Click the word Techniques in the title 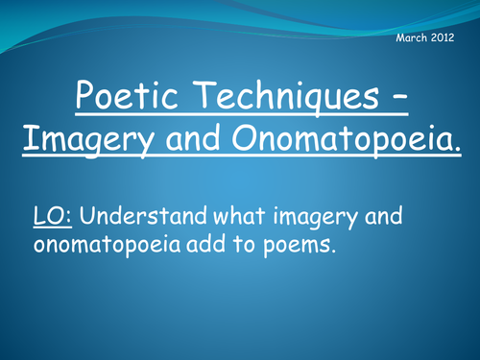[282, 97]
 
